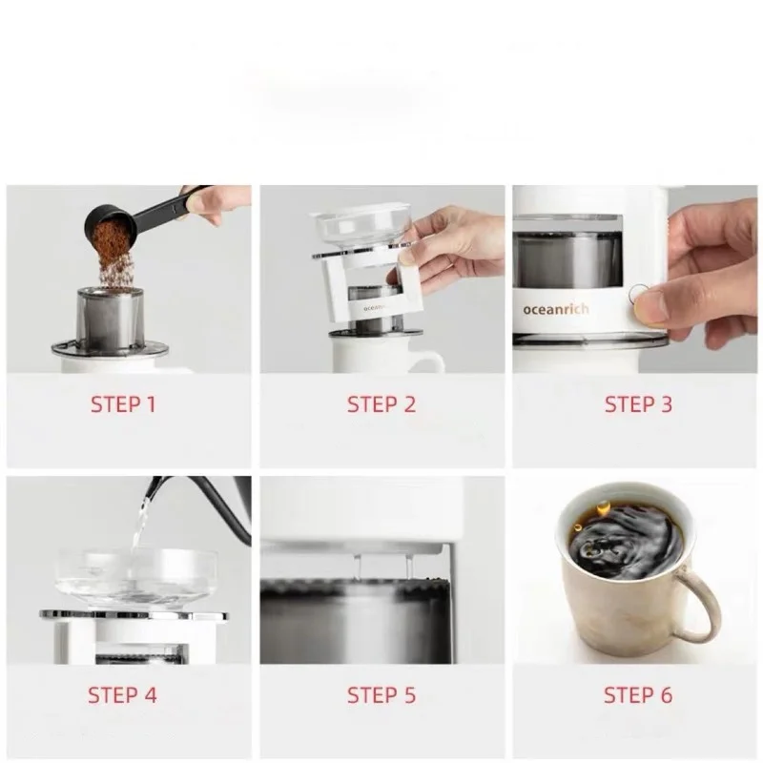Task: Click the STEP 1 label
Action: (123, 404)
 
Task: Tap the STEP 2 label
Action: (381, 404)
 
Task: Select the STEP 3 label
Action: (638, 404)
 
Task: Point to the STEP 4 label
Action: (123, 695)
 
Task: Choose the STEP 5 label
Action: (381, 695)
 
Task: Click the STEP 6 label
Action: (638, 695)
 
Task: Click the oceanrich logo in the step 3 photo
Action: (556, 309)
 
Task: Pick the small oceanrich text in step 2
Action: (375, 308)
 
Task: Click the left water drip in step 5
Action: (359, 567)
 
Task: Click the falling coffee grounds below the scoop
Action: (115, 270)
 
